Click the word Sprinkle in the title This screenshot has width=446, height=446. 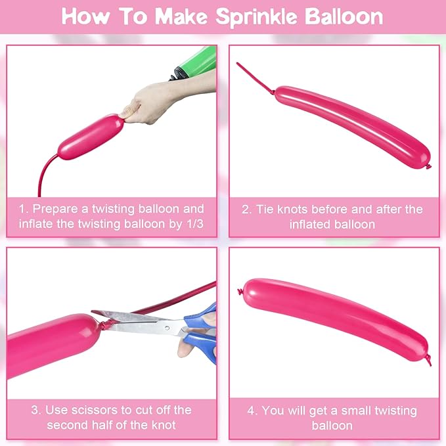click(x=256, y=17)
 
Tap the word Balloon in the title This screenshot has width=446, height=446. click(x=344, y=16)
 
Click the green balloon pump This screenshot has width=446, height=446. click(x=195, y=63)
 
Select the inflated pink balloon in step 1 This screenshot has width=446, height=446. click(x=91, y=137)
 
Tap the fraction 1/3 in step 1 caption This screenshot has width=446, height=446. click(x=195, y=224)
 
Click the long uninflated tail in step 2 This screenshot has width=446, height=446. click(x=255, y=79)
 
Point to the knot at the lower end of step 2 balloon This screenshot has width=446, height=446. click(x=428, y=166)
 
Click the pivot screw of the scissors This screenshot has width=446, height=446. click(x=167, y=328)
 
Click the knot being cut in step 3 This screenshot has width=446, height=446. click(x=106, y=324)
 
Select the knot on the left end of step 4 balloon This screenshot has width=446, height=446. click(x=240, y=292)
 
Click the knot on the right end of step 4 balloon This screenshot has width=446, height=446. click(x=429, y=360)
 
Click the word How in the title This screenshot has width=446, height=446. click(x=85, y=16)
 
